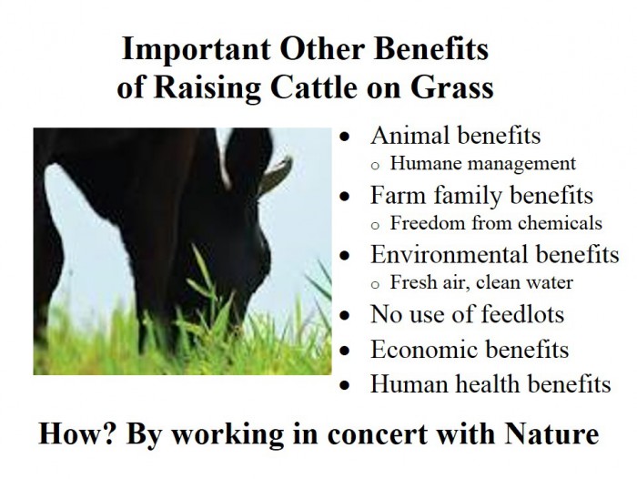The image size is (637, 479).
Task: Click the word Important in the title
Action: tap(196, 49)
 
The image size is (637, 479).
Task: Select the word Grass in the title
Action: tap(451, 87)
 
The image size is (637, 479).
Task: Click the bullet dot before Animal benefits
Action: tap(345, 137)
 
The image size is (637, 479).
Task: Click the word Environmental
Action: tap(450, 254)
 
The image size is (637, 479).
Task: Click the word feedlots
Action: tap(523, 314)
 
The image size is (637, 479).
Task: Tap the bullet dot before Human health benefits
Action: tap(345, 385)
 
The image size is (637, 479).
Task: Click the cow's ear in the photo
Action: tap(276, 175)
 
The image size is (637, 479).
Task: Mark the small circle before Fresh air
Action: tap(375, 285)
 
